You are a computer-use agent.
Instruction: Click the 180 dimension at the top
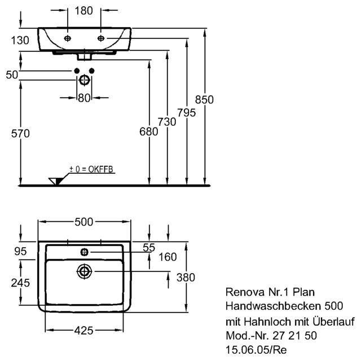(84, 11)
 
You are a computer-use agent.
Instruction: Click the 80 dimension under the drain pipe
(84, 98)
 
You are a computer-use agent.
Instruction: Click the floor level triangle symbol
(55, 181)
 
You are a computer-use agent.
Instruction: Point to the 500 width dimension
(84, 222)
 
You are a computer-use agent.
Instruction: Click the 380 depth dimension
(186, 278)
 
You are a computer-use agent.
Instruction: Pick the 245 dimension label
(20, 282)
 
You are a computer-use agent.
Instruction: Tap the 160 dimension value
(168, 257)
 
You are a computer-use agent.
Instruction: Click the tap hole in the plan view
(84, 251)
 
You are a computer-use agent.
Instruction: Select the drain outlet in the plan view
(84, 271)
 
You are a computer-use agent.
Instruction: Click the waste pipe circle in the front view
(84, 80)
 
